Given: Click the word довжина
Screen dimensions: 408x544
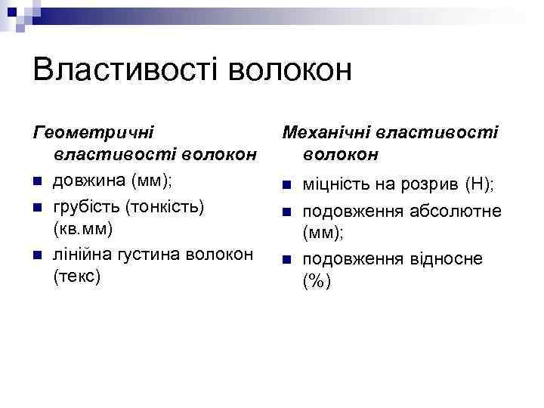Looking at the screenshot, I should (x=89, y=181).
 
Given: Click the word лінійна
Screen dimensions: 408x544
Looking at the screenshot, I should (x=82, y=254).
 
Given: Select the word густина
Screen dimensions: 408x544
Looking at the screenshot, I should (x=147, y=254).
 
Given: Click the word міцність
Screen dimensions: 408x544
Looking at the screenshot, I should (x=337, y=184).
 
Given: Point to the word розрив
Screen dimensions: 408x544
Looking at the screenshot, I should (x=431, y=184).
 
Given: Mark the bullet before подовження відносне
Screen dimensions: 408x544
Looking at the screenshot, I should (x=285, y=260).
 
